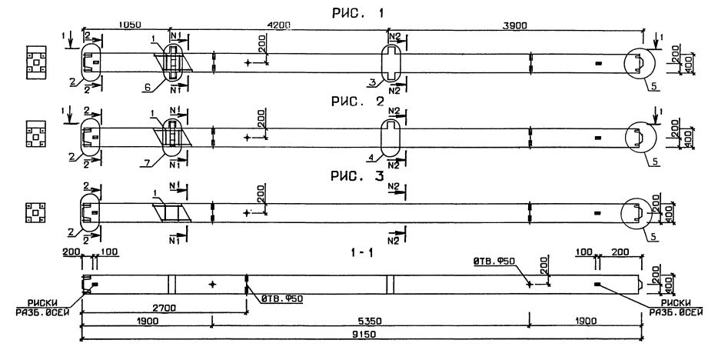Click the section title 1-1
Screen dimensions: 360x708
[x=363, y=252]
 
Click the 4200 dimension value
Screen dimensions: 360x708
[x=277, y=25]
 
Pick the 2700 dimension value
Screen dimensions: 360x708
[x=165, y=307]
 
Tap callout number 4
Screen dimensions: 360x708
[x=371, y=158]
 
